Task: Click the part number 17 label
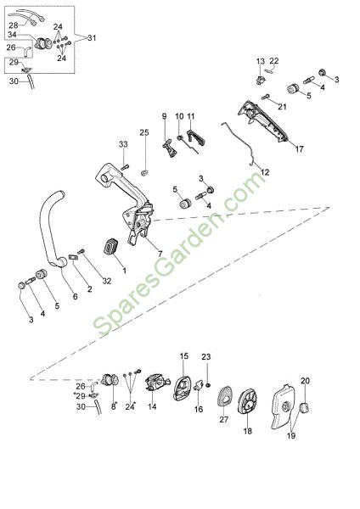pos(299,148)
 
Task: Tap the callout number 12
pos(265,172)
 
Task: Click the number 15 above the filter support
pos(184,355)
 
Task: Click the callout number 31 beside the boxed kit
pos(92,38)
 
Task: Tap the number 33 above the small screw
pos(123,144)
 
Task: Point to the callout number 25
pos(144,132)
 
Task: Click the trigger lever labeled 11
pos(196,137)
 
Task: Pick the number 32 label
pos(107,281)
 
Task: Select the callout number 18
pos(248,431)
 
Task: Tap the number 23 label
pos(206,357)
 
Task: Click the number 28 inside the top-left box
pos(14,25)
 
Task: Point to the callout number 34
pos(12,35)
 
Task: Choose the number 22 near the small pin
pos(274,61)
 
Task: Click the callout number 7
pos(160,254)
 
